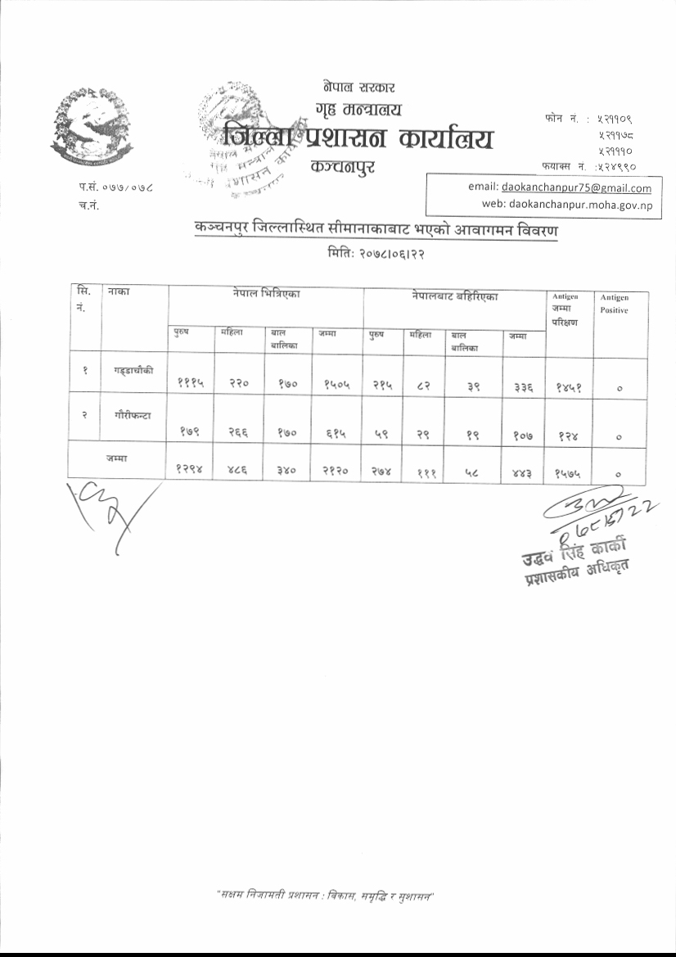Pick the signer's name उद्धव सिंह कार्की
coord(570,546)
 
